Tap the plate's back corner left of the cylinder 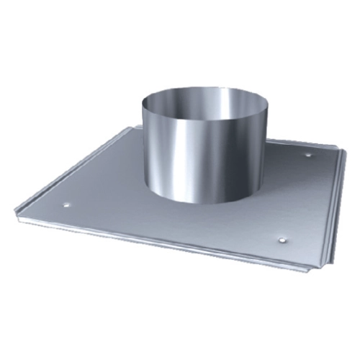pyautogui.click(x=134, y=130)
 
